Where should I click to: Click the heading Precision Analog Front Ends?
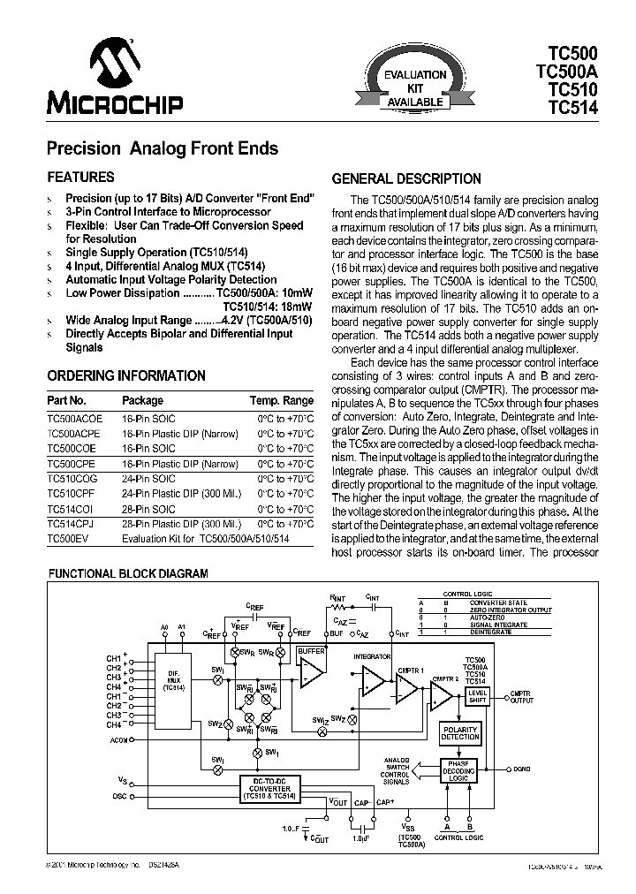(x=162, y=148)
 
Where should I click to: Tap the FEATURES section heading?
(x=80, y=177)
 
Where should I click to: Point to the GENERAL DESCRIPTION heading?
(x=406, y=178)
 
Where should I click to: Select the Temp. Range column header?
(x=281, y=400)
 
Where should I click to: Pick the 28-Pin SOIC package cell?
(x=148, y=509)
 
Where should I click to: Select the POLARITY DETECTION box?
(x=460, y=732)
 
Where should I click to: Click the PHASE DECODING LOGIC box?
(x=458, y=771)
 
